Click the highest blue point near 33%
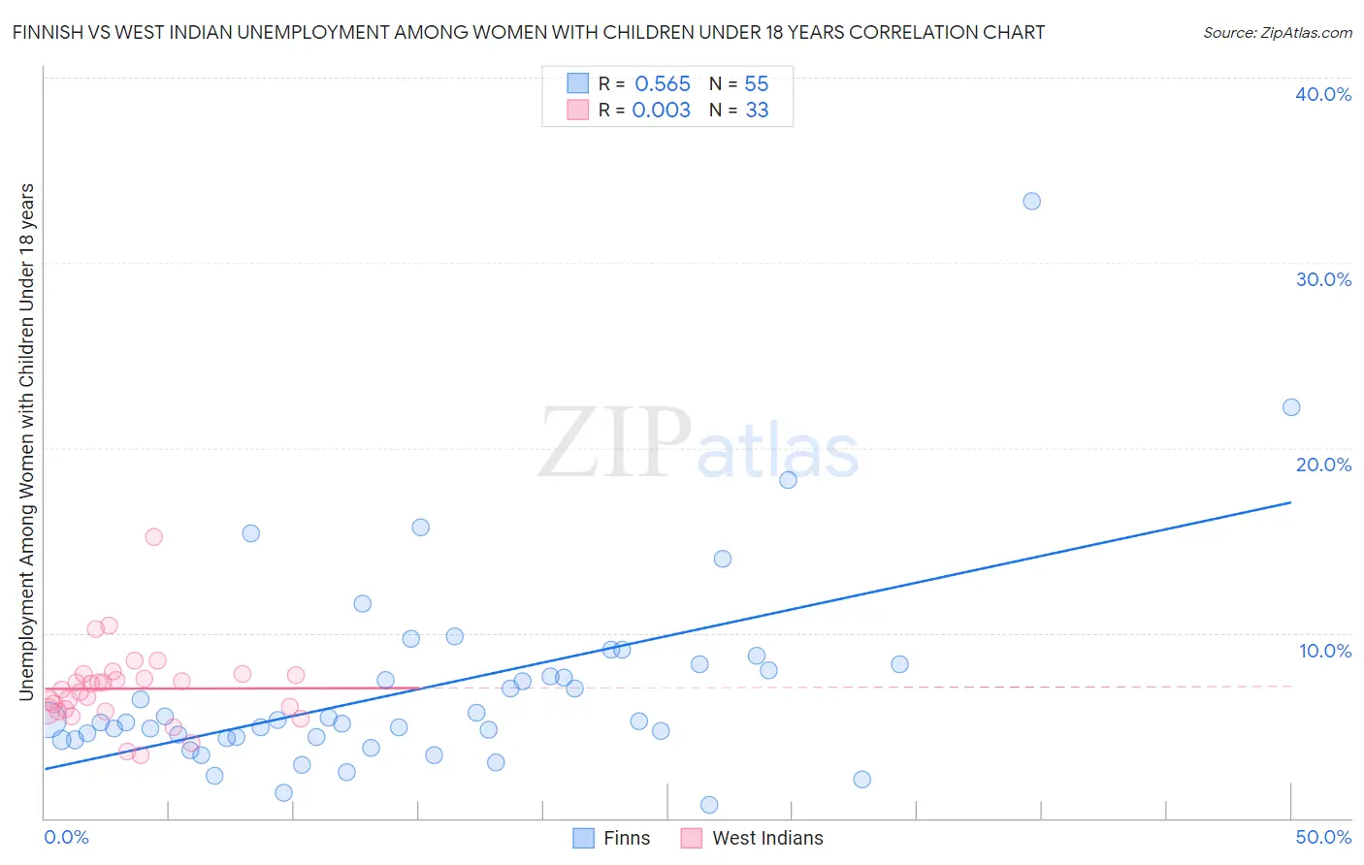tap(1031, 201)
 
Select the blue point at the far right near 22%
tap(1290, 407)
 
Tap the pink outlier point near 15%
tap(153, 536)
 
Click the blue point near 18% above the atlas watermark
tap(788, 480)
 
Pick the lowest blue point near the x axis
tap(709, 805)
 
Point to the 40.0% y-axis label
tap(1322, 94)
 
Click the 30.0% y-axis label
tap(1322, 279)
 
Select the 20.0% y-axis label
tap(1322, 465)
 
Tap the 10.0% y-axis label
tap(1324, 651)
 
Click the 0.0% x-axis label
tap(66, 837)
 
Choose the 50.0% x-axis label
tap(1322, 837)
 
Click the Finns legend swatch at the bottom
tap(583, 838)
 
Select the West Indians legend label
tap(767, 838)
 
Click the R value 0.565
tap(663, 83)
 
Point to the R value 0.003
tap(661, 110)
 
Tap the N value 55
tap(757, 83)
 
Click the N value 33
tap(757, 110)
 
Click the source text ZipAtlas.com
tap(1277, 33)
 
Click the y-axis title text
tap(26, 441)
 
